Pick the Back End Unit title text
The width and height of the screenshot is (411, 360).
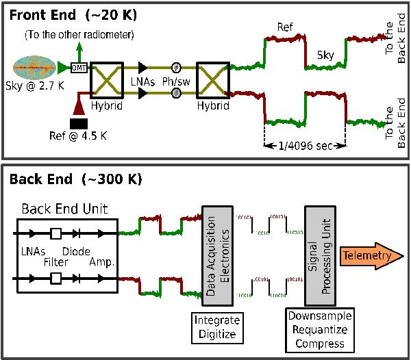(x=62, y=207)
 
